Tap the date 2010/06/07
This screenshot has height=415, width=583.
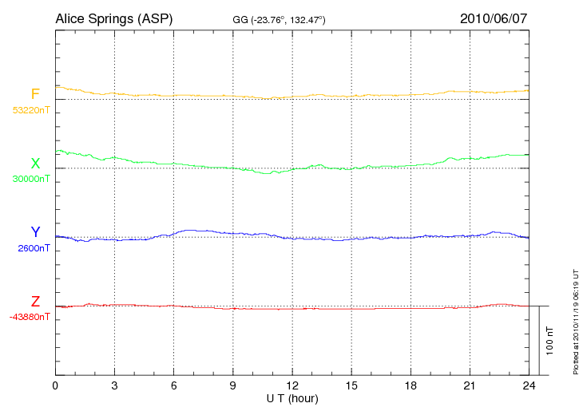pyautogui.click(x=494, y=18)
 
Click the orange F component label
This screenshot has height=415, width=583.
pyautogui.click(x=35, y=95)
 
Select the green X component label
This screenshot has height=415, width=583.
pyautogui.click(x=35, y=164)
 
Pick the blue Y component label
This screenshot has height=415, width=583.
pyautogui.click(x=35, y=232)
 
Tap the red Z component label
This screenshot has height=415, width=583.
pyautogui.click(x=35, y=302)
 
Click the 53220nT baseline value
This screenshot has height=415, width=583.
pyautogui.click(x=30, y=110)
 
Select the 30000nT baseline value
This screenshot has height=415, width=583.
pyautogui.click(x=30, y=179)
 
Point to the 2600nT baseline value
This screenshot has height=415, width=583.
pyautogui.click(x=34, y=248)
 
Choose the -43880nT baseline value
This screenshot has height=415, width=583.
pyautogui.click(x=30, y=317)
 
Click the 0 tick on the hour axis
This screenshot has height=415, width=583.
pyautogui.click(x=55, y=385)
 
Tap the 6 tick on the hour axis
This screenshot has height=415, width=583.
pyautogui.click(x=173, y=385)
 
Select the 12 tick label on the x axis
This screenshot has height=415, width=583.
pyautogui.click(x=291, y=385)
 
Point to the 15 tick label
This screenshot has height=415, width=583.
pyautogui.click(x=351, y=385)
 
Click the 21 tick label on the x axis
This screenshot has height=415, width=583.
pyautogui.click(x=469, y=385)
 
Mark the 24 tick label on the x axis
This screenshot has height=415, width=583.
pyautogui.click(x=528, y=385)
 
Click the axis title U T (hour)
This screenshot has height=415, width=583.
pyautogui.click(x=291, y=398)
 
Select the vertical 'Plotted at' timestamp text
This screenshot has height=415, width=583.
pyautogui.click(x=575, y=318)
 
